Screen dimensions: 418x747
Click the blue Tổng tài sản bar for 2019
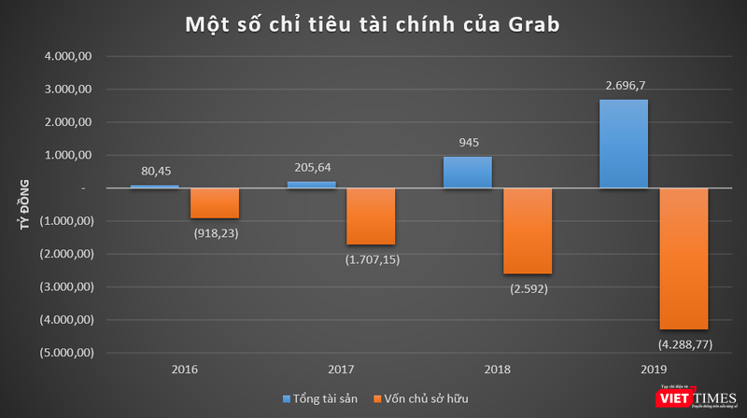point(623,144)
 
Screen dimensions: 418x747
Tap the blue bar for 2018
point(467,172)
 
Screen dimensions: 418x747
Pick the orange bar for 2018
point(528,230)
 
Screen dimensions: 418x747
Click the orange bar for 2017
point(372,216)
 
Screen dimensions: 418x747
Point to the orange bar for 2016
point(215,202)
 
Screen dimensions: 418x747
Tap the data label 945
point(467,143)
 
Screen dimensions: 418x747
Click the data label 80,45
point(154,171)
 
